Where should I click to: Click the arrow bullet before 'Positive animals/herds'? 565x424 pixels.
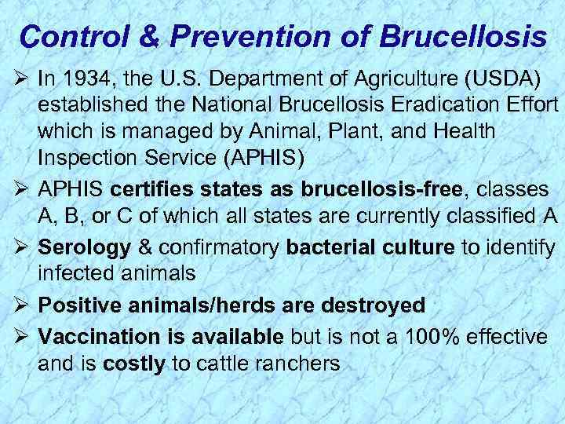click(x=21, y=305)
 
